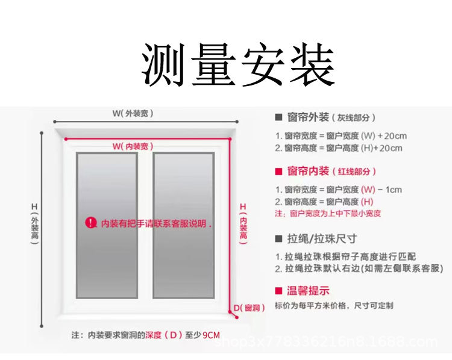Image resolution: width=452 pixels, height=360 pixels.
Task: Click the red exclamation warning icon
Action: (90, 223)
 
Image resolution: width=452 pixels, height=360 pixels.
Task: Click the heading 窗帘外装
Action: (308, 117)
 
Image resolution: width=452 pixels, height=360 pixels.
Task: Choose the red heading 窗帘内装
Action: (308, 171)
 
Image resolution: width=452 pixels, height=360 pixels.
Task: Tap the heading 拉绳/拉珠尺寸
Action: (322, 238)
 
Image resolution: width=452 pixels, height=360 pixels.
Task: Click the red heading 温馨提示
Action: (308, 290)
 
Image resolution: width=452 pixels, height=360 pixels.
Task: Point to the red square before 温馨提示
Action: (278, 290)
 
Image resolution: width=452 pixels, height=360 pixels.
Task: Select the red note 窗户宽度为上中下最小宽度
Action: (328, 213)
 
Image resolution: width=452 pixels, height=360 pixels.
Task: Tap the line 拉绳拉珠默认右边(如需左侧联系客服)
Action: (359, 268)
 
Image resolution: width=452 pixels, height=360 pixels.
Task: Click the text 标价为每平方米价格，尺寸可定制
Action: (334, 306)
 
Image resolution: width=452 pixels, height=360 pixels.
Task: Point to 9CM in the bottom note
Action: (211, 335)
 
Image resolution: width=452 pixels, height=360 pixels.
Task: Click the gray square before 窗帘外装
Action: (278, 117)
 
